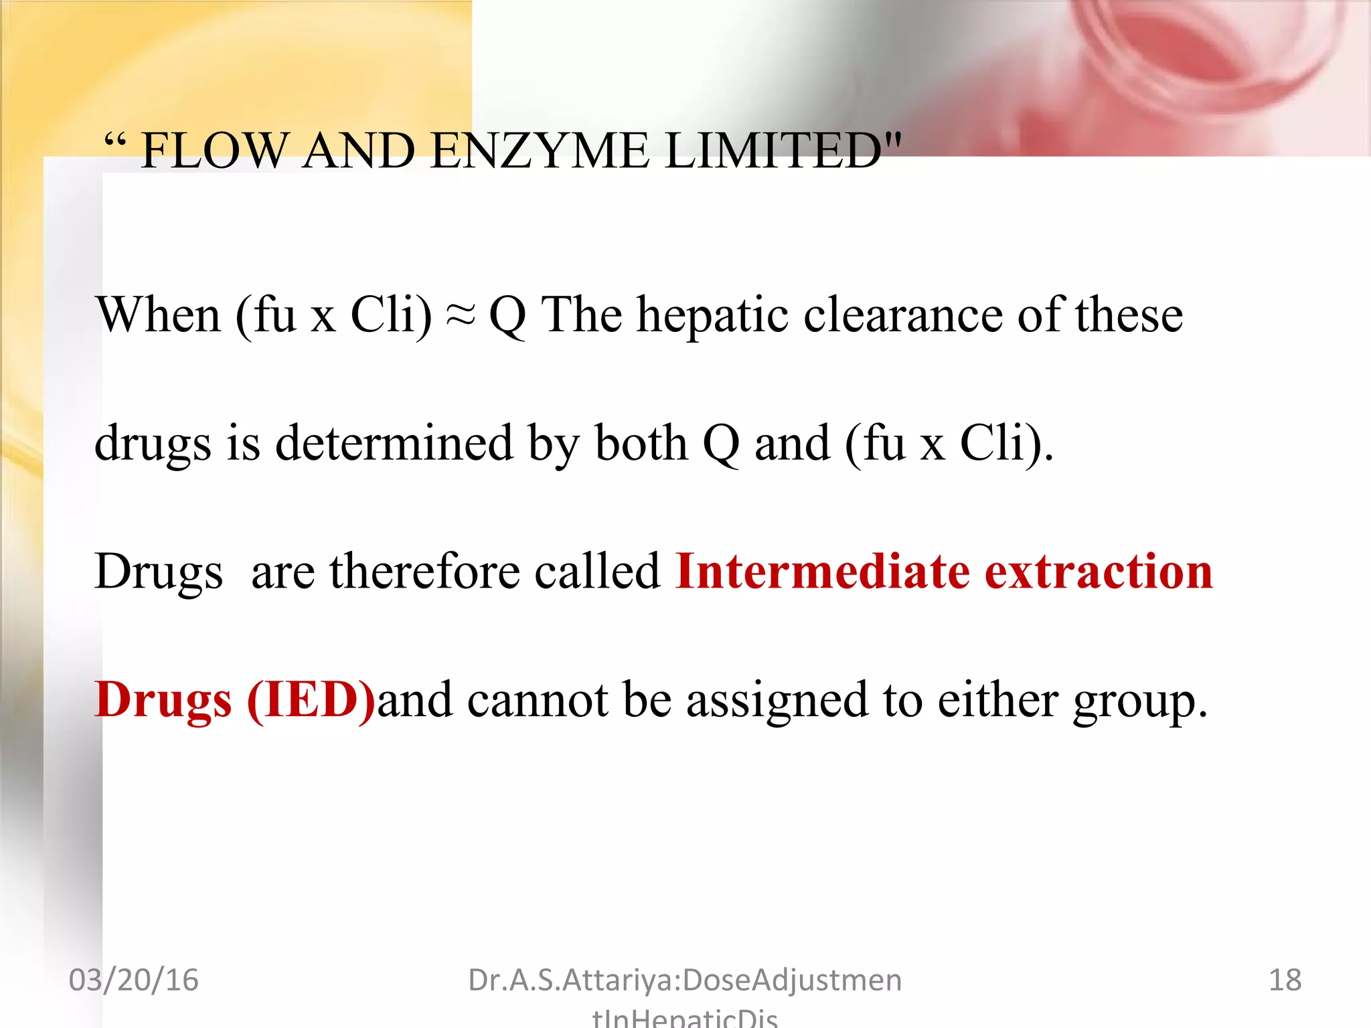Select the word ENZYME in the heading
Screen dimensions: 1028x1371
[540, 151]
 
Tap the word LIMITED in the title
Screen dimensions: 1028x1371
[773, 151]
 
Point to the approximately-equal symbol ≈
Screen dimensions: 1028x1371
[461, 315]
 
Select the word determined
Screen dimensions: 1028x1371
[394, 443]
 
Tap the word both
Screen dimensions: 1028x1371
[641, 443]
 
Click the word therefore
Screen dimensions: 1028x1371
[424, 572]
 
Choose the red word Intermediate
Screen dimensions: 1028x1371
[822, 572]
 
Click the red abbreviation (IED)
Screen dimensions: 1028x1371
[311, 700]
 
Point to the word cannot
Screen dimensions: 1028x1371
[538, 700]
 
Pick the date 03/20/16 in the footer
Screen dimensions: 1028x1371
[133, 980]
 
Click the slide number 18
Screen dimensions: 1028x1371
[1285, 980]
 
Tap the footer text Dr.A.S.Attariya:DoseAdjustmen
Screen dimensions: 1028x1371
[684, 980]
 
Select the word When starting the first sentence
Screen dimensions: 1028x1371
[158, 315]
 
